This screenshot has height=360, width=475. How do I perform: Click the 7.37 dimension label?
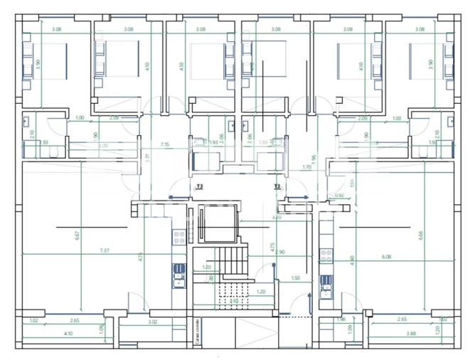point(105,250)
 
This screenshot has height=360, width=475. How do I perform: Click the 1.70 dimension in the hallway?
point(307,167)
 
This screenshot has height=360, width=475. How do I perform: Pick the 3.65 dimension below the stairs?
point(233,301)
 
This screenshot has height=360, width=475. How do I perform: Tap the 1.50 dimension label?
point(295,279)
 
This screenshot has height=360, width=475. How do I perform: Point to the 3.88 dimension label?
point(411,334)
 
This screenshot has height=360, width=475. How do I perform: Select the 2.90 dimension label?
point(279,253)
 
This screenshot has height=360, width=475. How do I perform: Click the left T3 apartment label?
point(199,186)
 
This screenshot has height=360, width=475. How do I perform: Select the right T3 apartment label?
point(279,186)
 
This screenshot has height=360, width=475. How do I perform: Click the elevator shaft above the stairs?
point(218,223)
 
